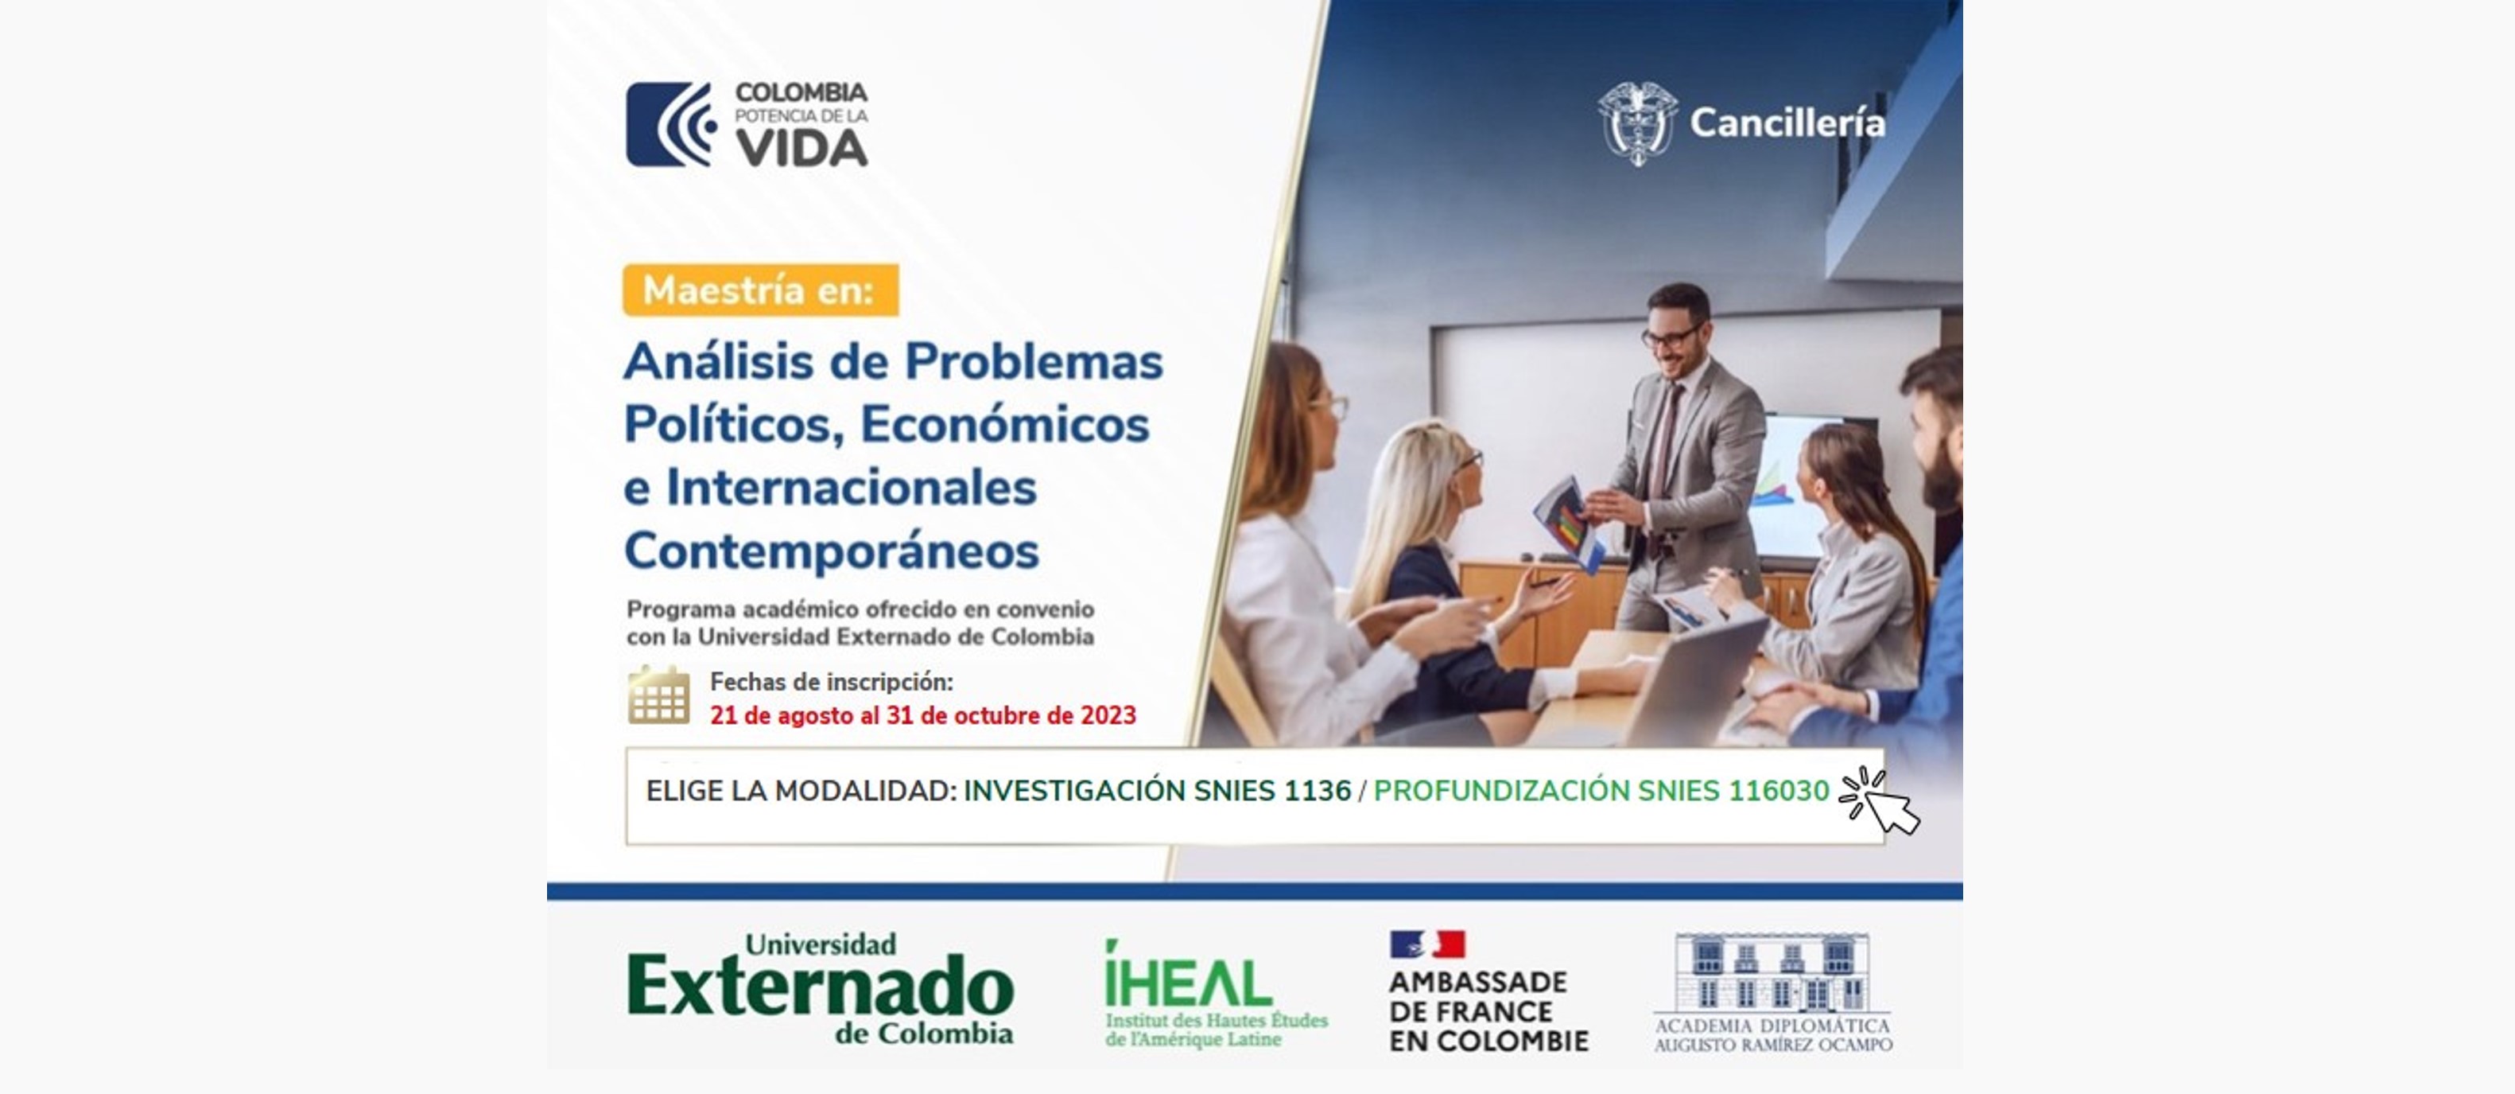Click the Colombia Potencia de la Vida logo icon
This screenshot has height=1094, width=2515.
[x=671, y=124]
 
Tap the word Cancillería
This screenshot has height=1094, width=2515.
[x=1787, y=123]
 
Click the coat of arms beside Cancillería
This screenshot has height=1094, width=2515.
[x=1637, y=123]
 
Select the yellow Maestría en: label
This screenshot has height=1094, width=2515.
[x=761, y=290]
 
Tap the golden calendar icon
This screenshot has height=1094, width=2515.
[x=659, y=695]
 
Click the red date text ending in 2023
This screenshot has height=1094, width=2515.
[x=922, y=716]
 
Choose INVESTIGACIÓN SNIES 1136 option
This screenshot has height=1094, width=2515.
[x=1157, y=790]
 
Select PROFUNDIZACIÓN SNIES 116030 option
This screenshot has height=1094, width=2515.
[x=1601, y=790]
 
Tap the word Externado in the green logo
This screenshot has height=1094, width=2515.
[x=820, y=987]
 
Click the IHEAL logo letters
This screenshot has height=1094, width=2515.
[x=1187, y=978]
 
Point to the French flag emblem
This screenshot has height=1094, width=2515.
[x=1427, y=944]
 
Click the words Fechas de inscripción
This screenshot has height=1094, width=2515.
[x=832, y=682]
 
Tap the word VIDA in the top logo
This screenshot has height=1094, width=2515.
[x=801, y=147]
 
